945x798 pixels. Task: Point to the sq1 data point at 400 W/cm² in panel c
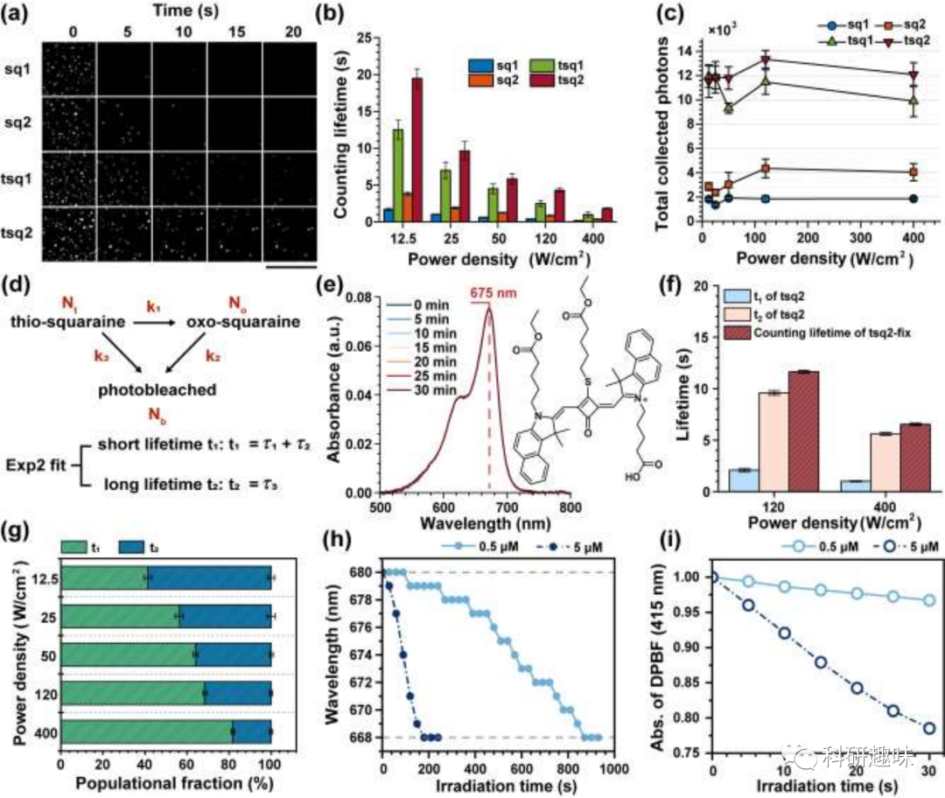pos(913,199)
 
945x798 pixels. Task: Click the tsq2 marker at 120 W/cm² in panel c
pos(766,60)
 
